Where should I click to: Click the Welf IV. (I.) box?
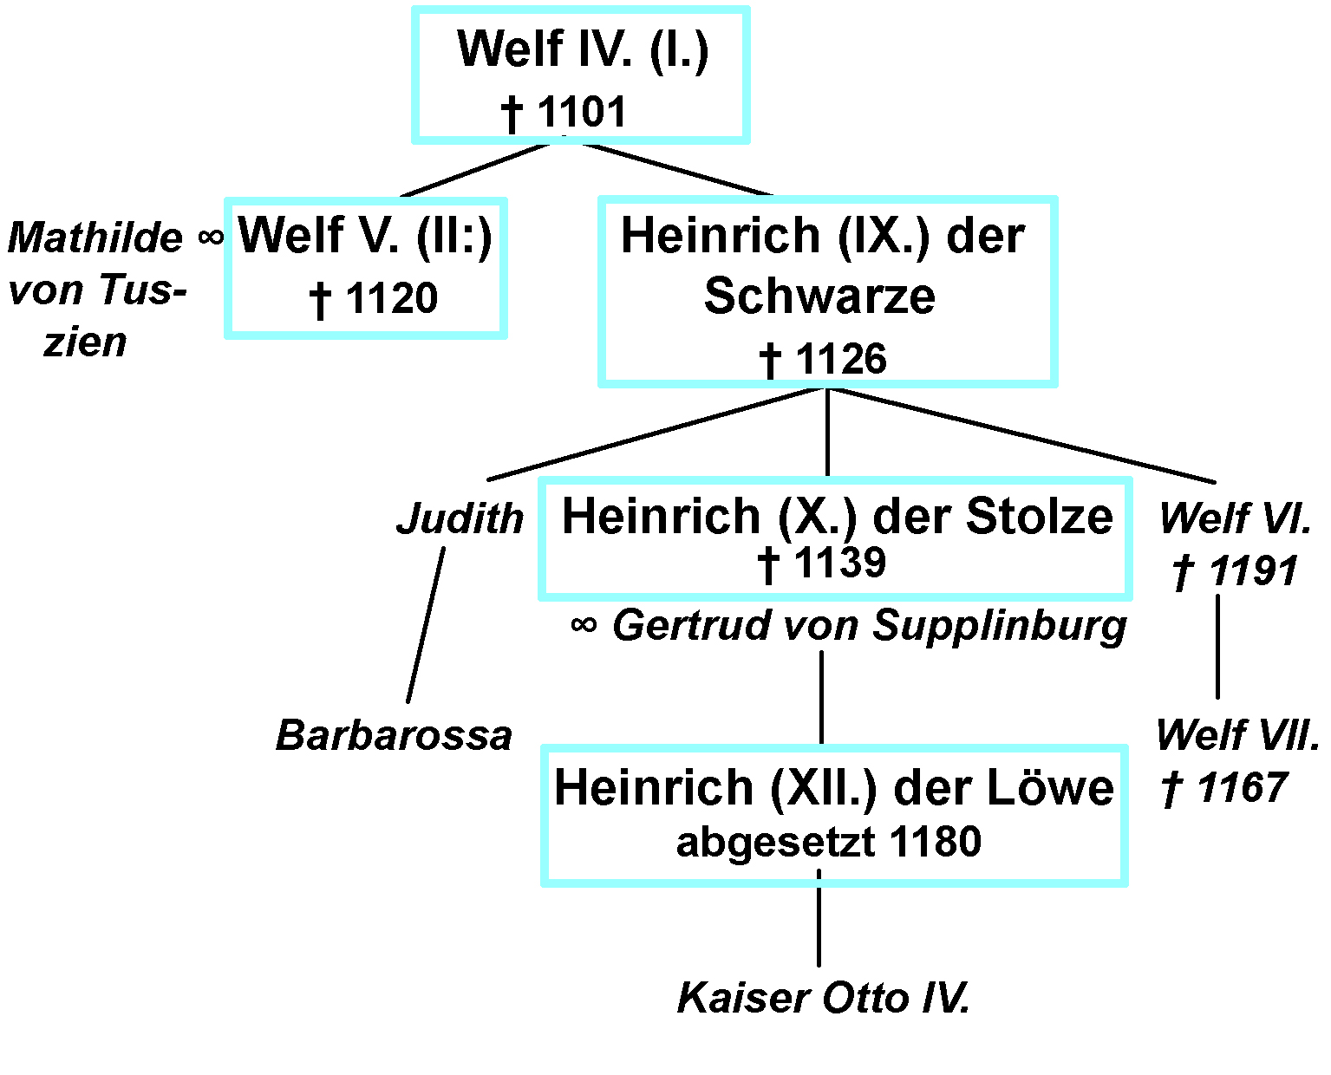coord(580,75)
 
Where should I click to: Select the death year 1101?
coord(581,113)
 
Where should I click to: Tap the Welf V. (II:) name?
coord(365,236)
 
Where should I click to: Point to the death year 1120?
coord(391,299)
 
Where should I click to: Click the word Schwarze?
coord(819,296)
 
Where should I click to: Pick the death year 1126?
coord(840,359)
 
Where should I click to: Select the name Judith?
coord(460,519)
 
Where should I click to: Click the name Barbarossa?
coord(394,736)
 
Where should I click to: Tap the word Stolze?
coord(1039,517)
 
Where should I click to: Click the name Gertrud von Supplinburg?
coord(869,626)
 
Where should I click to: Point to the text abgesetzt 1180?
coord(828,842)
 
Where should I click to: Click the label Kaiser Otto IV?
coord(822,998)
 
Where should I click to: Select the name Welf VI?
coord(1235,519)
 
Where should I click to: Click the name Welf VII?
coord(1237,736)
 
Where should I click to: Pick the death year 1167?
coord(1242,788)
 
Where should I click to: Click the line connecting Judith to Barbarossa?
coord(426,624)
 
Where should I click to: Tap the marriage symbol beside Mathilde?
coord(211,236)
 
